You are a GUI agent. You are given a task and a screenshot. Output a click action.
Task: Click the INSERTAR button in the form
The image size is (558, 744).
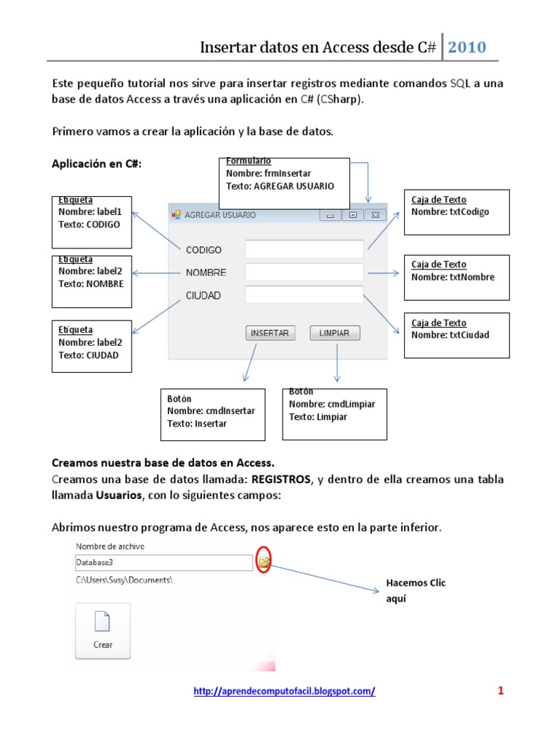(x=271, y=333)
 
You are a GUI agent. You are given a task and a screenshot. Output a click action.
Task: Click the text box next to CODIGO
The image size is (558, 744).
(x=304, y=249)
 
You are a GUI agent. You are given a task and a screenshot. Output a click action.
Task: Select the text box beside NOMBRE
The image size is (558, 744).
(x=304, y=272)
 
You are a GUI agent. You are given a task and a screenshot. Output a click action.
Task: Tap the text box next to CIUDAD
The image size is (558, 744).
(x=304, y=295)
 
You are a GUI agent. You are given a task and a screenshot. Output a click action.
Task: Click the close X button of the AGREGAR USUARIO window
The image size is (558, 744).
(x=375, y=215)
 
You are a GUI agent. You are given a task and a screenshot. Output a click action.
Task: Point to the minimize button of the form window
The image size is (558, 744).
(x=331, y=215)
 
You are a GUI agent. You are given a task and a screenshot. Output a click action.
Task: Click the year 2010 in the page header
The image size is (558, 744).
(x=467, y=48)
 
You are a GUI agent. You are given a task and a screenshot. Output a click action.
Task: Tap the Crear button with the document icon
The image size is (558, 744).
(x=102, y=631)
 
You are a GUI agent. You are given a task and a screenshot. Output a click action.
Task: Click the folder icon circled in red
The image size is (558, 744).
(x=264, y=562)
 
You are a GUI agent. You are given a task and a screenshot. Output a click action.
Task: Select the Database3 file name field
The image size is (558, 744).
(x=163, y=562)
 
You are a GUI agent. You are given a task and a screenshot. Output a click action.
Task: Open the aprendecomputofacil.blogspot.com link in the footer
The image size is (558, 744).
(x=284, y=692)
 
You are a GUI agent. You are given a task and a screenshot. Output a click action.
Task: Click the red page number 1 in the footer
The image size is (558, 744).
(x=501, y=691)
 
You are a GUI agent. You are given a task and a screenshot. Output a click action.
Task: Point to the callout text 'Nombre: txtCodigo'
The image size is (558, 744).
(x=450, y=212)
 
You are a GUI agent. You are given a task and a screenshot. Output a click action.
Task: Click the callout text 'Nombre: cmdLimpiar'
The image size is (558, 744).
(x=332, y=405)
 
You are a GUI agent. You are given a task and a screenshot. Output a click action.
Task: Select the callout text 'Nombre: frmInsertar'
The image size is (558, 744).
(x=268, y=174)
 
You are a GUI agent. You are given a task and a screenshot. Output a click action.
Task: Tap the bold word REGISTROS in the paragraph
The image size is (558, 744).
(x=280, y=480)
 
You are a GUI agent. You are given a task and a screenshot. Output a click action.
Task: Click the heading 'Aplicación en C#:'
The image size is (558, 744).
(x=97, y=164)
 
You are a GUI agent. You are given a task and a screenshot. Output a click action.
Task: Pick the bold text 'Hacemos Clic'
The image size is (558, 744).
(x=416, y=583)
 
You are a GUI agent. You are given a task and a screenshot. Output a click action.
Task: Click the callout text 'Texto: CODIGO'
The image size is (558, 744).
(x=89, y=225)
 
